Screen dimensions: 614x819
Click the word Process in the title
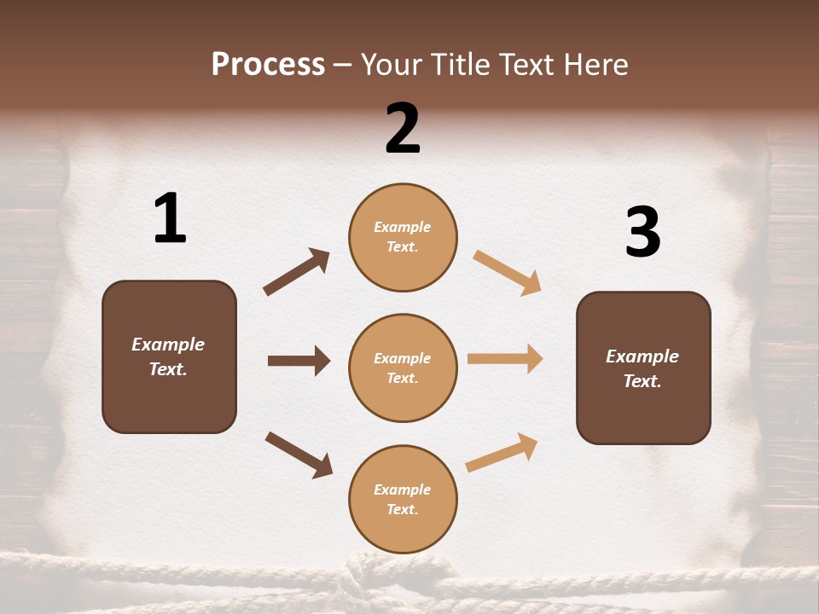click(x=268, y=65)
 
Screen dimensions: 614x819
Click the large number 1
click(x=170, y=218)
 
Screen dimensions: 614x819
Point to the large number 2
click(x=403, y=129)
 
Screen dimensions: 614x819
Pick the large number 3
click(x=642, y=233)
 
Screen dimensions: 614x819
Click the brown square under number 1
click(x=169, y=356)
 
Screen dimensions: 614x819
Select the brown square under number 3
click(x=643, y=368)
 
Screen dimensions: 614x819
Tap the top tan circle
click(x=403, y=237)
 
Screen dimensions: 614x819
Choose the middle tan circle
click(x=403, y=368)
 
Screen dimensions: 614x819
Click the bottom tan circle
click(x=403, y=499)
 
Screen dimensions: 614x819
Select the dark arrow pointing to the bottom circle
click(x=299, y=454)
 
